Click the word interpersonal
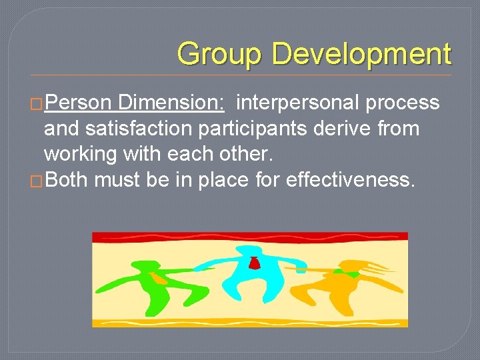tap(296, 103)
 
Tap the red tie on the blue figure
tap(254, 263)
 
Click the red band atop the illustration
tap(249, 237)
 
